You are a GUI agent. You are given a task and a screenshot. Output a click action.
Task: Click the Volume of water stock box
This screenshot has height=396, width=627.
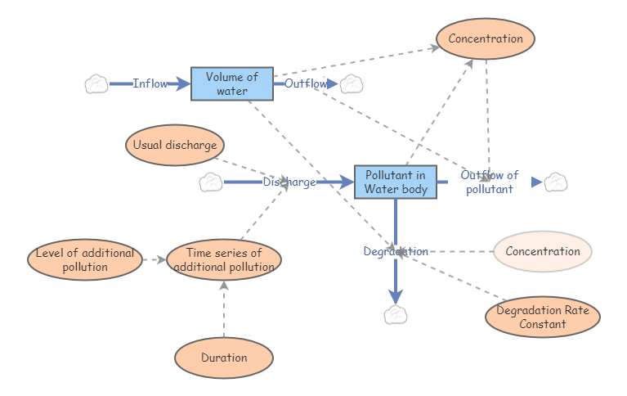[x=231, y=83]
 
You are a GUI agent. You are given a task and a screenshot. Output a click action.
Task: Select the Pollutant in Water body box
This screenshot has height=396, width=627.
[x=395, y=182]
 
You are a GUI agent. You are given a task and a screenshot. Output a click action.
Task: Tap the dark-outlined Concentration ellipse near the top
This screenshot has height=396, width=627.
[x=486, y=38]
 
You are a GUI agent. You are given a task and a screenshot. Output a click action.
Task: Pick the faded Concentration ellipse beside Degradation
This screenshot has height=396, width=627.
[x=542, y=251]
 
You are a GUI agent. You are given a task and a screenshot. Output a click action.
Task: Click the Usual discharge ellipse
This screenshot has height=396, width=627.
[x=175, y=146]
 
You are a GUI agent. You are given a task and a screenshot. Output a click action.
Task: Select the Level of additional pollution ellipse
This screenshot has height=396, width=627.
[x=84, y=259]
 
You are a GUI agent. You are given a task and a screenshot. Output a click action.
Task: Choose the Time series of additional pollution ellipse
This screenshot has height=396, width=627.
[x=223, y=259]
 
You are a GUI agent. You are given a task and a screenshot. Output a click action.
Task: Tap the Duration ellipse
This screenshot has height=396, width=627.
[x=223, y=358]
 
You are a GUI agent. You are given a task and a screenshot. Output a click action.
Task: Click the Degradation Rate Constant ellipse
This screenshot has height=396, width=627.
[x=542, y=317]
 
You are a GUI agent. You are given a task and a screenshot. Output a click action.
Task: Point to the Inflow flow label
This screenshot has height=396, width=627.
[x=150, y=83]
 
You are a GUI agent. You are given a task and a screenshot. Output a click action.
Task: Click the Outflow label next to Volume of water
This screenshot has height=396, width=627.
[x=306, y=83]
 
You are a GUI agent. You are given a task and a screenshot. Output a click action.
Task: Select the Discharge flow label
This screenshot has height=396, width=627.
[x=289, y=182]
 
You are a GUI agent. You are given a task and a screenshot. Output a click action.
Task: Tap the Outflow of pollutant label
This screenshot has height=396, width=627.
[x=489, y=182]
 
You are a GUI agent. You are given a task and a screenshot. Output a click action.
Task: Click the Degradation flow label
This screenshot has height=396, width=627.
[x=396, y=251]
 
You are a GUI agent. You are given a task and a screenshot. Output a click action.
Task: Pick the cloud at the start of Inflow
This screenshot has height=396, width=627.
[x=96, y=83]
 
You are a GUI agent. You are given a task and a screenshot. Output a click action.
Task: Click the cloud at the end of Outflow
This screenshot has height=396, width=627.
[x=352, y=83]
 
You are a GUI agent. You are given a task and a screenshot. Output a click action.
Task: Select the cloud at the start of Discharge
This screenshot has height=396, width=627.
[x=211, y=182]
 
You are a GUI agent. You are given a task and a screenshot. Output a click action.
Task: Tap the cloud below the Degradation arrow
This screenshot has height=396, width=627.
[x=396, y=315]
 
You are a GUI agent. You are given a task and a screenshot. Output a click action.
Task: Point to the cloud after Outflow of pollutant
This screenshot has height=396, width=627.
[x=557, y=182]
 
